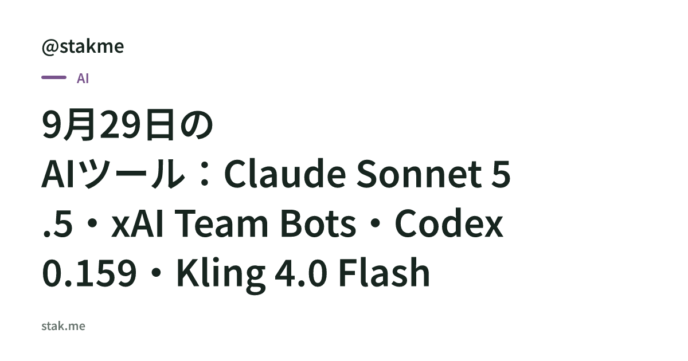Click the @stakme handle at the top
pos(83,47)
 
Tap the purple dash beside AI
pos(54,77)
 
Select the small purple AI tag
pos(83,79)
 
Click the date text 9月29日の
pos(127,125)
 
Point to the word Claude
pos(286,174)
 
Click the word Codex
pos(449,222)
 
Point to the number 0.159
pos(89,273)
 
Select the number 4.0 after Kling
pos(301,273)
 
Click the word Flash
pos(384,272)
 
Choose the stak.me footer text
pos(63,326)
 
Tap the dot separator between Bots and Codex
pos(376,223)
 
